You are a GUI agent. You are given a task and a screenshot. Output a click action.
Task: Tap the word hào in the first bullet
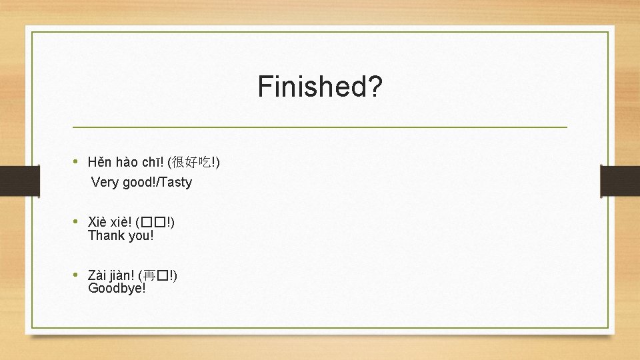click(x=127, y=162)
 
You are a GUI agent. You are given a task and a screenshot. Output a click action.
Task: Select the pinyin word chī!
click(x=153, y=162)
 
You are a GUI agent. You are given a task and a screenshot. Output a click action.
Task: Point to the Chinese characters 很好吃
click(x=192, y=162)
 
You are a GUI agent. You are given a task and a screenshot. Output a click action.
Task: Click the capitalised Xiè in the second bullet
click(x=98, y=222)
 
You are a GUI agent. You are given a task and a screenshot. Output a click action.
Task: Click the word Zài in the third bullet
click(x=98, y=275)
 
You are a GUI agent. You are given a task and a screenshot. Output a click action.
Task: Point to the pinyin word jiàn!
click(x=123, y=275)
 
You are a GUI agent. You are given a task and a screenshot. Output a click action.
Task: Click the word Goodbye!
click(x=117, y=289)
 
